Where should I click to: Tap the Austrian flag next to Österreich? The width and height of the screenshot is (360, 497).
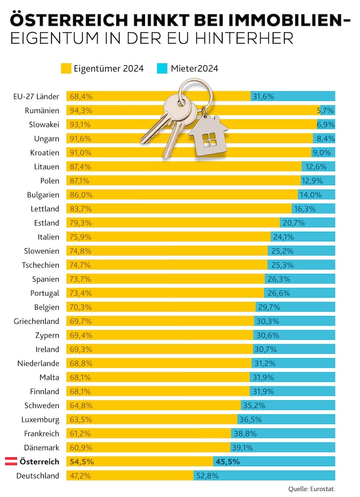coord(11,461)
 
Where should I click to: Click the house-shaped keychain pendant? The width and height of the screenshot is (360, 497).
coord(208,136)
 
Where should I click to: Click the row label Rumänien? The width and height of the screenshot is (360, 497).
coord(42,111)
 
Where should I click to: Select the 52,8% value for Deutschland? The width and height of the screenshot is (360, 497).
coord(207,475)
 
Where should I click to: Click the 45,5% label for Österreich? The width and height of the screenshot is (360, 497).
coord(227,462)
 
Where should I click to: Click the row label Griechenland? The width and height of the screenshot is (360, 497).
coord(37,321)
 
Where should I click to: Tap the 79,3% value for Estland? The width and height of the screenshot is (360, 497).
coord(80,223)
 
